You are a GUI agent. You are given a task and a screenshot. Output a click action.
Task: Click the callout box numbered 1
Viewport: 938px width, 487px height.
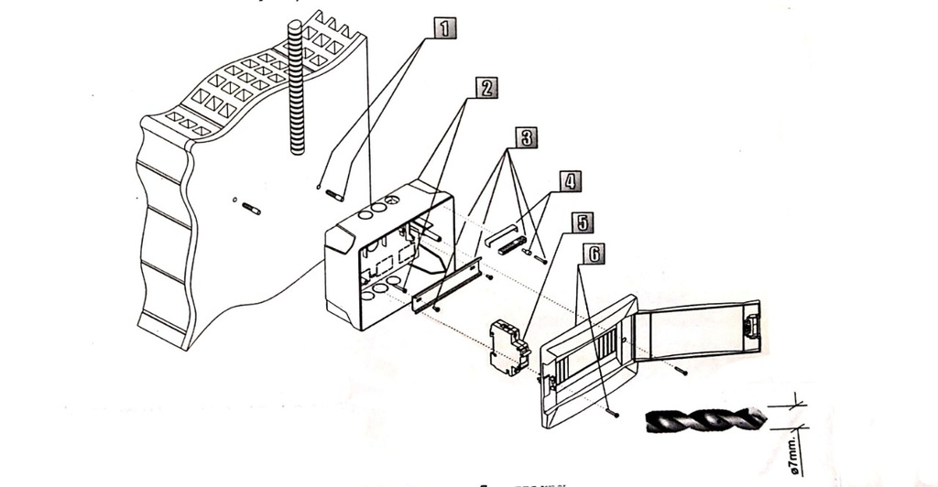(444, 27)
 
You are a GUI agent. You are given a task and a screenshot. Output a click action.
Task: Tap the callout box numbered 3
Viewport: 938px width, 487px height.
(526, 137)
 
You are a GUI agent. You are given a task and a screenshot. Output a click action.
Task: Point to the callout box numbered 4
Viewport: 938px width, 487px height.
(570, 180)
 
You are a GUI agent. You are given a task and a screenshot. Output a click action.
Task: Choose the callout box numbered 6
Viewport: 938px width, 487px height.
(594, 254)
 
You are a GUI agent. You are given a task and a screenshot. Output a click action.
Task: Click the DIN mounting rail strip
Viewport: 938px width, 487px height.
(446, 285)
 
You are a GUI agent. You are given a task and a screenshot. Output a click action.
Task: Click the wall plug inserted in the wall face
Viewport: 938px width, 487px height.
(251, 210)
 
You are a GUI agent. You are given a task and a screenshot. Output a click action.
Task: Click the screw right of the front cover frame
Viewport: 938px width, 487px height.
(682, 371)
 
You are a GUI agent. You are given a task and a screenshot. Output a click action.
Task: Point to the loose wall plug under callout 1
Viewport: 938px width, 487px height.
(334, 195)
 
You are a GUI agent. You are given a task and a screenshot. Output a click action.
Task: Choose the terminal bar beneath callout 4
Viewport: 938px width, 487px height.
(511, 245)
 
